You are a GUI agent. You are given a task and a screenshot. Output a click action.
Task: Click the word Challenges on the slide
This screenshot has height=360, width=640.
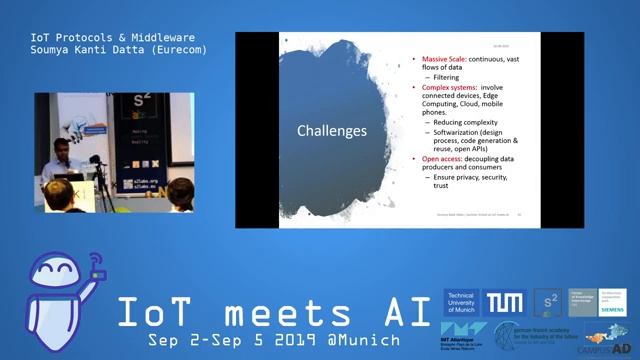(332, 131)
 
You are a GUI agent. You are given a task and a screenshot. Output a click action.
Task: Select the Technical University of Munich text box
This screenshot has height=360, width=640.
(463, 302)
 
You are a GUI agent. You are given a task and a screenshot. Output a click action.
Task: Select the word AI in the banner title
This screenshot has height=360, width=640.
(400, 312)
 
